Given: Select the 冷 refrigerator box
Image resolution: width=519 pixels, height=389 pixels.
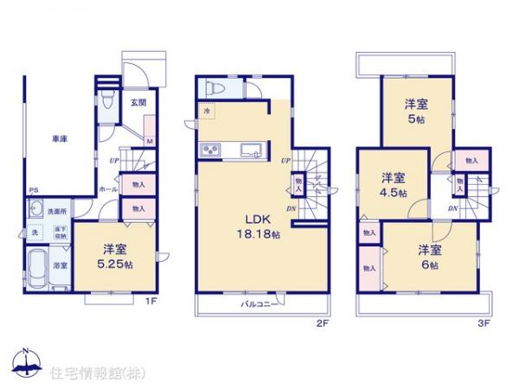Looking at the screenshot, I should click(x=208, y=112).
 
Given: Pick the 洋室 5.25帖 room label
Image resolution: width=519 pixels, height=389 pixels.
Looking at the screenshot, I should click(x=112, y=254).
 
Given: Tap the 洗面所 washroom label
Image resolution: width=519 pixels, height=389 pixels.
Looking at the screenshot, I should click(x=58, y=211).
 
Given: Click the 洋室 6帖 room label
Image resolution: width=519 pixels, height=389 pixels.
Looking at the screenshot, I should click(x=430, y=257).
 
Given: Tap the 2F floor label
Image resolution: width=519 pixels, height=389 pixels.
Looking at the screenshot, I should click(x=322, y=324).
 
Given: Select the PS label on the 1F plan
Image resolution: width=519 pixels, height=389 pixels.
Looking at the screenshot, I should click(x=33, y=192).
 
